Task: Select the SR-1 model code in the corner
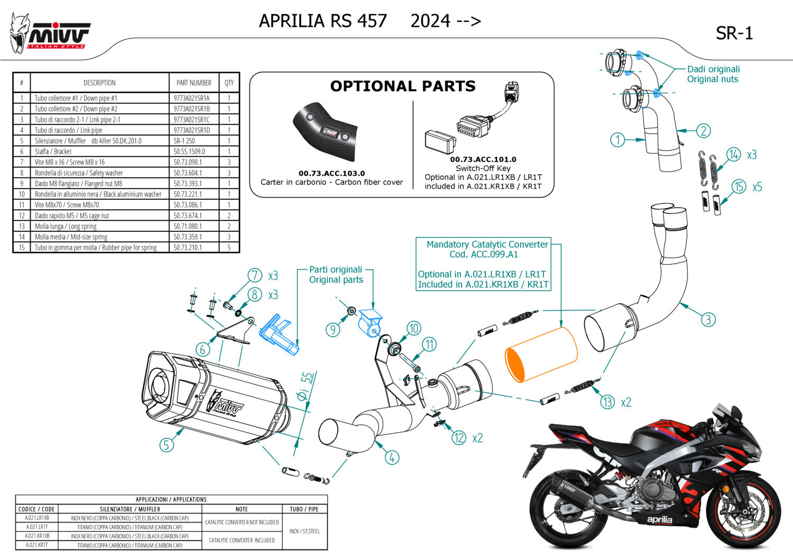734,34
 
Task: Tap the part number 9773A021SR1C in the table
191,120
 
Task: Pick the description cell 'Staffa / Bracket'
53,152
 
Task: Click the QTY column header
229,83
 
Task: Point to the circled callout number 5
166,445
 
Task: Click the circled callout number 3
708,320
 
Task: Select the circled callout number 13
607,402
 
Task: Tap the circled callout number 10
413,329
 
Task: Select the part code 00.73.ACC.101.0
483,160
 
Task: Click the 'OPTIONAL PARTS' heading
403,86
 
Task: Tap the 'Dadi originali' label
713,69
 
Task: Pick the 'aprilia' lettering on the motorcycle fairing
660,520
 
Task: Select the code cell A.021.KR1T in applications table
37,545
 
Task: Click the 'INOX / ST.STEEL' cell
305,531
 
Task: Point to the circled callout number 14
733,155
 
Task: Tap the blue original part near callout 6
278,333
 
